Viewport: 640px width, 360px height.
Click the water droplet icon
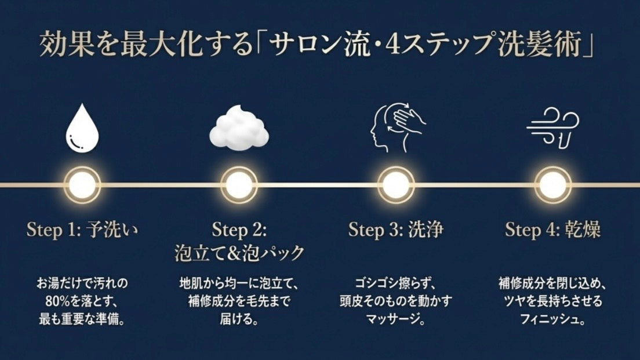pyautogui.click(x=82, y=128)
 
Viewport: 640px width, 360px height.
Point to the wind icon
pyautogui.click(x=552, y=128)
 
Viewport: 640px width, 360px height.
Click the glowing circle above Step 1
pyautogui.click(x=82, y=185)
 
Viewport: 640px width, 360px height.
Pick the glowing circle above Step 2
pyautogui.click(x=239, y=185)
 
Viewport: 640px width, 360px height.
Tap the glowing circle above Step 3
pyautogui.click(x=396, y=185)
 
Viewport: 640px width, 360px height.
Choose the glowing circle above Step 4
pyautogui.click(x=552, y=185)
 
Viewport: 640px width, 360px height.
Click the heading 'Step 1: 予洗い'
pyautogui.click(x=82, y=230)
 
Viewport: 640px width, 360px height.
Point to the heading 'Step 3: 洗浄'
pyautogui.click(x=396, y=230)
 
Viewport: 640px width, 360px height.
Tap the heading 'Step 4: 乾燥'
pyautogui.click(x=552, y=230)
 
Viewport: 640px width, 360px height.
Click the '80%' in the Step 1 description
pyautogui.click(x=57, y=301)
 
